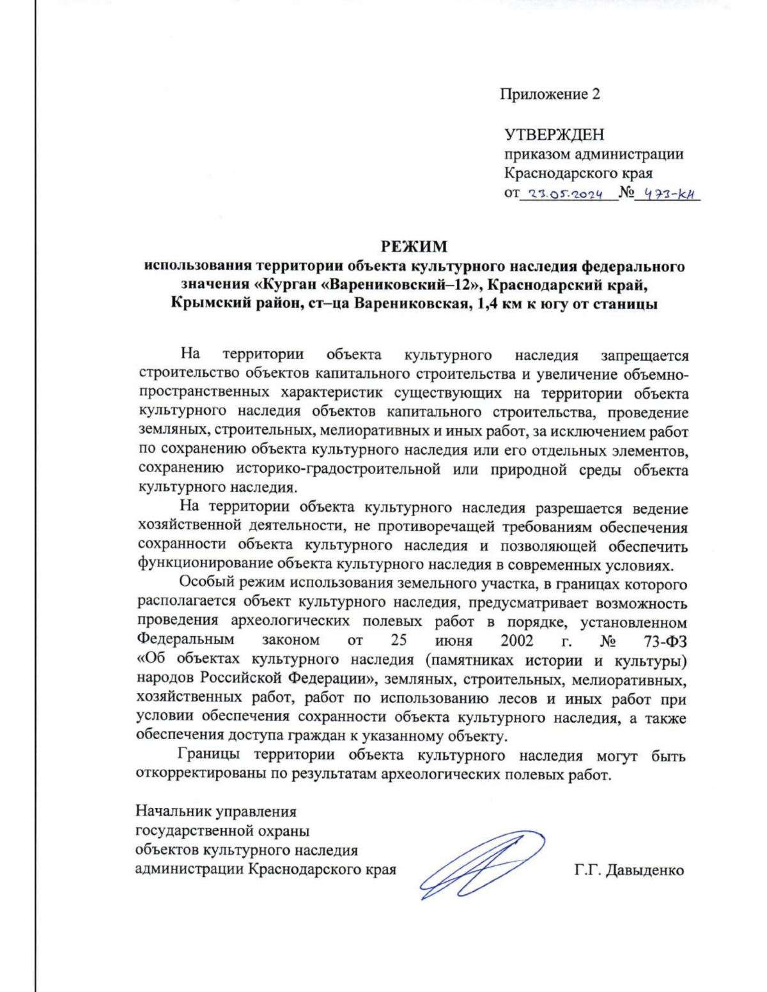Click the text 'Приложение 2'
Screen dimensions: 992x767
click(x=550, y=95)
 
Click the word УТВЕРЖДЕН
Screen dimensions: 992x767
click(x=554, y=135)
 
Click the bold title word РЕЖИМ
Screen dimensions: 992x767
click(x=414, y=247)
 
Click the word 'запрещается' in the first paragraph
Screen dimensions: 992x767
click(x=644, y=356)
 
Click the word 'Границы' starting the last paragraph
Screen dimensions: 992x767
click(x=209, y=756)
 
